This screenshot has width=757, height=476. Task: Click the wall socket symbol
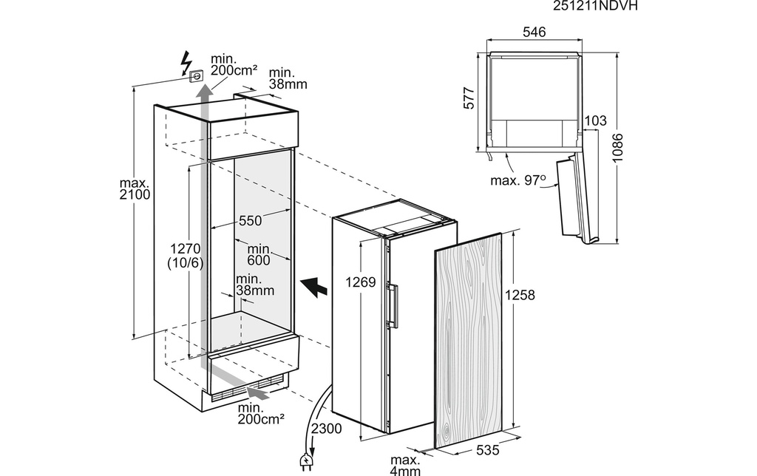(196, 75)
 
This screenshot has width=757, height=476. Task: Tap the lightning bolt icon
(186, 62)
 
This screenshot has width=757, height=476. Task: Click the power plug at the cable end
(305, 462)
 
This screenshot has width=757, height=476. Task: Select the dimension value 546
(534, 32)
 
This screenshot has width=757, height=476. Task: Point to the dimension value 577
(469, 98)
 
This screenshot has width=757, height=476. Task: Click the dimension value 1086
(617, 149)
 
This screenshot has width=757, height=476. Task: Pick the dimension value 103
(595, 120)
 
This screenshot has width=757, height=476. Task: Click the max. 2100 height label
(135, 188)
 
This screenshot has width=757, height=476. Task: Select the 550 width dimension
(251, 220)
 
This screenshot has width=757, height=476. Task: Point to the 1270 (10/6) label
(186, 256)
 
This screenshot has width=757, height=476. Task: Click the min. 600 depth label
(259, 254)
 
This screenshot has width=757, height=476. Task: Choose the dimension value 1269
(361, 282)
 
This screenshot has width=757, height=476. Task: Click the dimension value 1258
(520, 294)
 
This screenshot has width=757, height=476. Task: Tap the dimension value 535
(488, 450)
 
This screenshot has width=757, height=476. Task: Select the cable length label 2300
(326, 428)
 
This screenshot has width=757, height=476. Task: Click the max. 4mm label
(406, 465)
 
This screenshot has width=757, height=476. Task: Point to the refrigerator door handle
(394, 307)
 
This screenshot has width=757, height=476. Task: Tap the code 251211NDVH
(595, 5)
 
